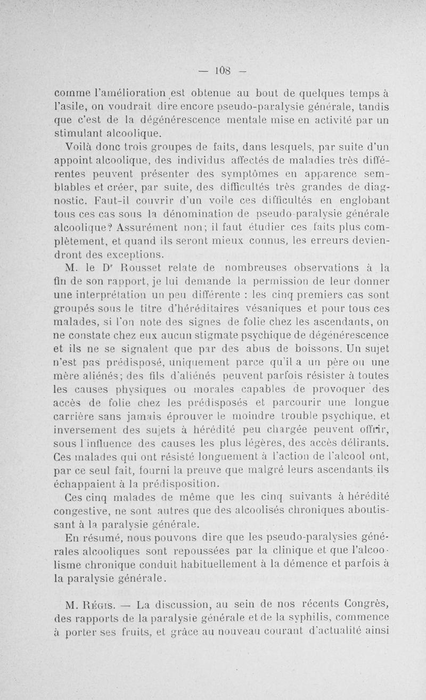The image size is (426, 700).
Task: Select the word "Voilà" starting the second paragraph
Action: (x=77, y=146)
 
